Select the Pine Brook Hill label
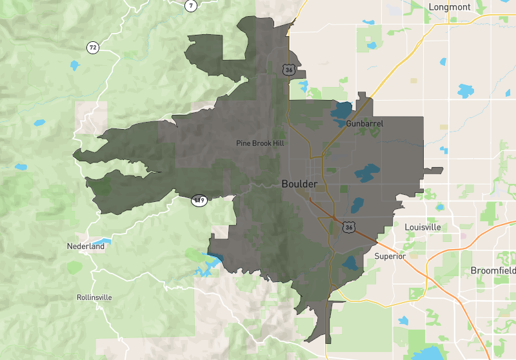click(x=260, y=143)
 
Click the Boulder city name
click(x=299, y=184)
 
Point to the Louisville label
click(x=422, y=228)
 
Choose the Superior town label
click(x=390, y=256)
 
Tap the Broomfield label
click(x=493, y=270)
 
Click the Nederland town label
click(x=85, y=246)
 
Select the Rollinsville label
click(x=94, y=297)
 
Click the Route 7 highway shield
click(x=190, y=6)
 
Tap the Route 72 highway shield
click(x=94, y=47)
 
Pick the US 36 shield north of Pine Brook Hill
click(x=288, y=68)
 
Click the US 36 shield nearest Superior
click(x=349, y=227)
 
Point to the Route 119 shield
click(x=200, y=200)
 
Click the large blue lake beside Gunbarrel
click(x=341, y=112)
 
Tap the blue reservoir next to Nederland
click(x=101, y=241)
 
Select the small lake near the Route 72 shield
click(x=75, y=65)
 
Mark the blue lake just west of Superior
click(x=351, y=263)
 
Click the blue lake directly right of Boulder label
click(x=366, y=173)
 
